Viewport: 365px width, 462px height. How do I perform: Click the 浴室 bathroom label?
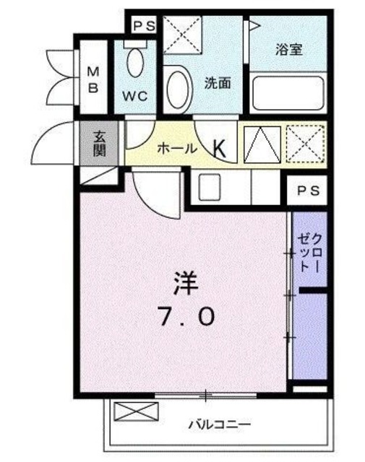tap(289, 51)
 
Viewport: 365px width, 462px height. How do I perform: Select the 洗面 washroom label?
tap(217, 83)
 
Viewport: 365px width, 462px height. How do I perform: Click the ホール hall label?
tap(176, 149)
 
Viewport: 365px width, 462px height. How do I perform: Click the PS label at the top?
tap(143, 26)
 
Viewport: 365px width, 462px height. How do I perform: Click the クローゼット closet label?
tap(309, 253)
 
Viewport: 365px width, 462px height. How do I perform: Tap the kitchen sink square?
tap(210, 188)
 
